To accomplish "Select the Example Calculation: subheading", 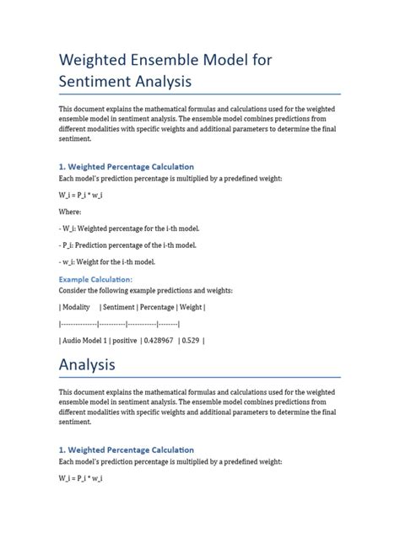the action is click(95, 278).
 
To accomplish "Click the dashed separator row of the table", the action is click(119, 324).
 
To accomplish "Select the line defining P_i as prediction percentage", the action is click(127, 245).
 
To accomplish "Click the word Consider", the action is click(73, 290).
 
